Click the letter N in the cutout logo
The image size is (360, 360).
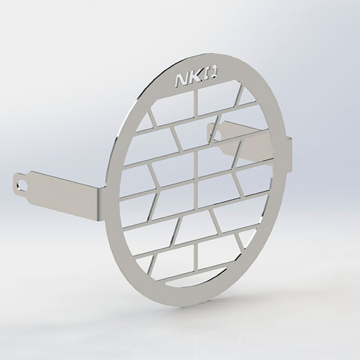click(x=181, y=80)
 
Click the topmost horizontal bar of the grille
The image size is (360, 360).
click(x=198, y=117)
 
